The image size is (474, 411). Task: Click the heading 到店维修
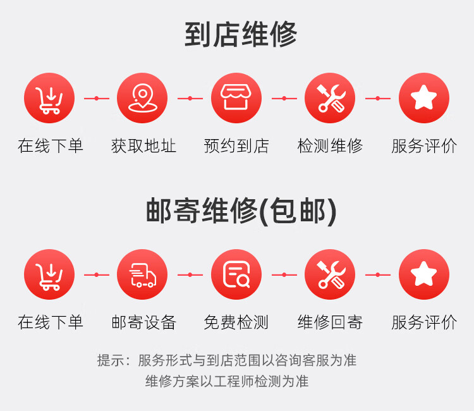[241, 35]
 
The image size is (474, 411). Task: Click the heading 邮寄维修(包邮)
[241, 211]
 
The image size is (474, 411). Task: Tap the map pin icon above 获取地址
[142, 99]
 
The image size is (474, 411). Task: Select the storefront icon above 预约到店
[236, 99]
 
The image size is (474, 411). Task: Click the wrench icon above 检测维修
[330, 99]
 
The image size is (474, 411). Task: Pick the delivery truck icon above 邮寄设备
[142, 275]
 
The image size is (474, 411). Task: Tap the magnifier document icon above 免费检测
[236, 275]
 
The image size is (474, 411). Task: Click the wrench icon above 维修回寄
[330, 275]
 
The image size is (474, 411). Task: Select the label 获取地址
[143, 147]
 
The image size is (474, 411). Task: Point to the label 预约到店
[236, 147]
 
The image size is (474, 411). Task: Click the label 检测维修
[330, 147]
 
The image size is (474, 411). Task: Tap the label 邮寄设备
[143, 322]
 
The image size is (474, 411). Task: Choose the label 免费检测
[236, 322]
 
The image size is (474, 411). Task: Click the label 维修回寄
[330, 322]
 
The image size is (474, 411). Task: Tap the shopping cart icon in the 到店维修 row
[49, 99]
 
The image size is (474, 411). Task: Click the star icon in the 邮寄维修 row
[424, 275]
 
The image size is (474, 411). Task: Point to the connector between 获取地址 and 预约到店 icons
[190, 99]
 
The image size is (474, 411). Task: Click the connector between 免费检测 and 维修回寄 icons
[284, 275]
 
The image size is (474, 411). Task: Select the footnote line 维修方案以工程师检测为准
[227, 381]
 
